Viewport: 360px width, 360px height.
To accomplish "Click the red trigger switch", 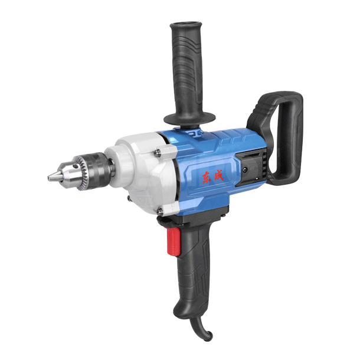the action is tap(173, 241).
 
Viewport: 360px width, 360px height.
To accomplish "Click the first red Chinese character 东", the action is tap(207, 176).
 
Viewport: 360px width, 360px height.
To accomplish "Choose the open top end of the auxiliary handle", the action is tap(186, 24).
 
